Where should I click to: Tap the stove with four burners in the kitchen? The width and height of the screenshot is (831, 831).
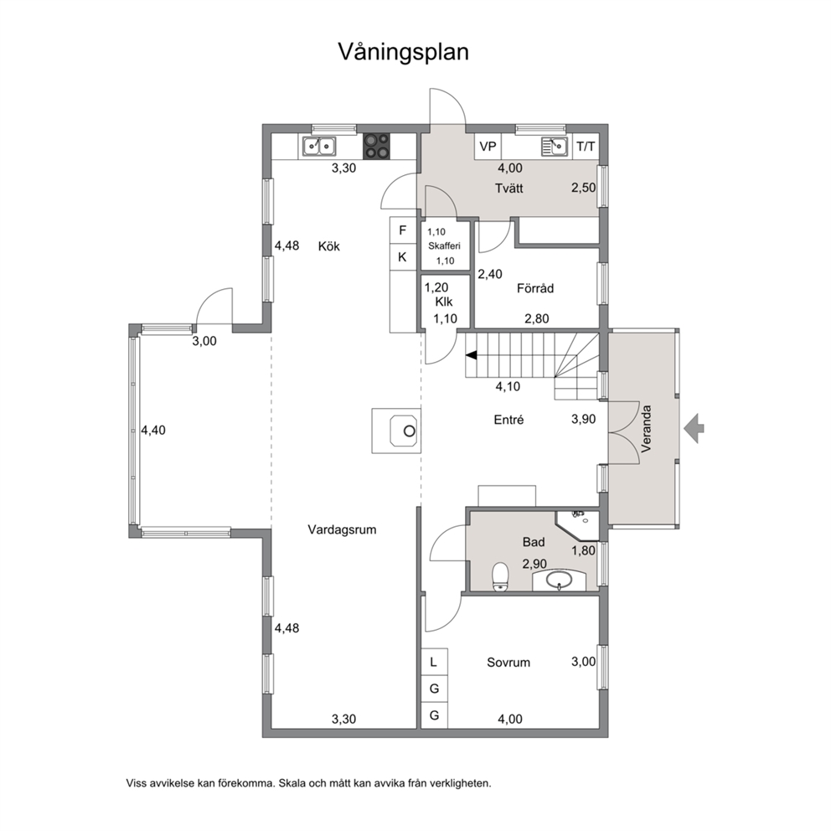[376, 147]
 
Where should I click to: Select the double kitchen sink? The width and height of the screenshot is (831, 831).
[319, 147]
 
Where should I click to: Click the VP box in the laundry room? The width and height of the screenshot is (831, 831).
[488, 147]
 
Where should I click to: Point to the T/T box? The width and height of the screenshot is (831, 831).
[586, 147]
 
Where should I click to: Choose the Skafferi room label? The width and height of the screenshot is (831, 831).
[444, 246]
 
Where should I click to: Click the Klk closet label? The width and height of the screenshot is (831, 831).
[444, 302]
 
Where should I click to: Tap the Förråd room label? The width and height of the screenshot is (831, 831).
[535, 288]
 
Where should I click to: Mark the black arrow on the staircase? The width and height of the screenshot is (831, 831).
[471, 355]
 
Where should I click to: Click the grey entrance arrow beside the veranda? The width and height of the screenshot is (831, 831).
[694, 428]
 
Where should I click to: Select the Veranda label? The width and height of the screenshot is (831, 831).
[646, 428]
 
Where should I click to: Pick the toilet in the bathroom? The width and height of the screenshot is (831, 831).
[500, 576]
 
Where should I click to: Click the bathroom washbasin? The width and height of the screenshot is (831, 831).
[559, 580]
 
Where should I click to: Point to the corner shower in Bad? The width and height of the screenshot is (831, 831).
[579, 521]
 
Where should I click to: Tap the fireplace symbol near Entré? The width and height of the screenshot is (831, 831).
[396, 431]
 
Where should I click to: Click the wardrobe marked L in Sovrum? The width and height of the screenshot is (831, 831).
[434, 662]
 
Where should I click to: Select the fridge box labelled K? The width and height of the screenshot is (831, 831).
[403, 257]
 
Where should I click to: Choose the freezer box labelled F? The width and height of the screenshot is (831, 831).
[403, 230]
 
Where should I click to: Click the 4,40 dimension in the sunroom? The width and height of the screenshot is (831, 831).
[153, 431]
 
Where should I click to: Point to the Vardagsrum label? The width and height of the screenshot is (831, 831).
[342, 529]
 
